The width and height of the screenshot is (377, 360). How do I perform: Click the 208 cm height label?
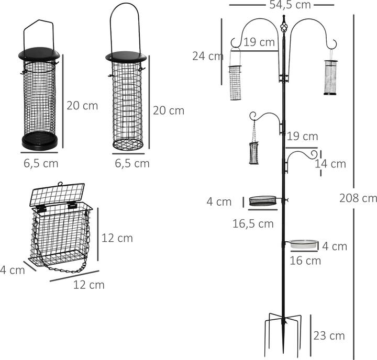pos(358,198)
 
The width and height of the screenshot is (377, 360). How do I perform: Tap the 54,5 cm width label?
pos(290,5)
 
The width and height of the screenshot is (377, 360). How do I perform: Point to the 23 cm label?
pos(329,336)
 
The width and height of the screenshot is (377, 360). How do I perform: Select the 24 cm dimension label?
pos(208,56)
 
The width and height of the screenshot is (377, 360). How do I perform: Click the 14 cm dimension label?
pos(330,164)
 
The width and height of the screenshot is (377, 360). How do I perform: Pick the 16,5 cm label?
pos(253,224)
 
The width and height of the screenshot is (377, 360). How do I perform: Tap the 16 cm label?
pos(305,261)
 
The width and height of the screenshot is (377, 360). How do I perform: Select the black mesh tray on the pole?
pos(262,200)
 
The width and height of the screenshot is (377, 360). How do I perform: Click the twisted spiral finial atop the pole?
pos(284,27)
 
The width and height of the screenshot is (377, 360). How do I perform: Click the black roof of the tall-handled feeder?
pos(126,57)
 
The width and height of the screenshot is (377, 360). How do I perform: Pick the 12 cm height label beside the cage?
pos(117,238)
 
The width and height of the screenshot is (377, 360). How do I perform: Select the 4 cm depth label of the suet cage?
pos(13,270)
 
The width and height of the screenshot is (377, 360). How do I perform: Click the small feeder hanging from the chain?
pos(254,153)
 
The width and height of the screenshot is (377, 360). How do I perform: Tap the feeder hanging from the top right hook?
pos(330,77)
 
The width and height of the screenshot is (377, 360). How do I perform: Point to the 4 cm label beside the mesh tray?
pos(219,202)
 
